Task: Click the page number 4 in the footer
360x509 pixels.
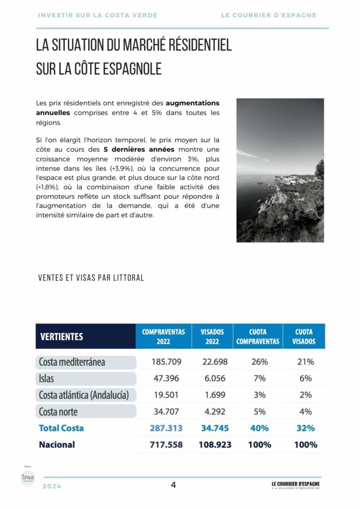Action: point(174,485)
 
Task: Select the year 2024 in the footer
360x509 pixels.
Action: point(52,486)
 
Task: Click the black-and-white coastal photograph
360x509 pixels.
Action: point(280,170)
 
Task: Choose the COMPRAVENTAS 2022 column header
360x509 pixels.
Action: point(163,337)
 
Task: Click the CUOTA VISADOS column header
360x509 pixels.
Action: point(304,337)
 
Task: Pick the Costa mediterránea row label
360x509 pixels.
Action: point(72,362)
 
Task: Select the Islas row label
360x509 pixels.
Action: point(46,379)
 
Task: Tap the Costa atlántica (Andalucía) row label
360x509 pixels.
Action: point(84,395)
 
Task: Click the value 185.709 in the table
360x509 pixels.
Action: point(166,362)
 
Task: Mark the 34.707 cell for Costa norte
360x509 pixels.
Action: point(166,412)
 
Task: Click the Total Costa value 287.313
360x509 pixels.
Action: point(166,428)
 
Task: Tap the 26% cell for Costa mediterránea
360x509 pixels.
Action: point(260,362)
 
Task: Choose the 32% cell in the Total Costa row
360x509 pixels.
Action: point(306,428)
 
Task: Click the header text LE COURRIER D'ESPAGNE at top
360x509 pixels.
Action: point(269,15)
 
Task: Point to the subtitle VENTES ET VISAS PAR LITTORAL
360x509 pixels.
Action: point(91,278)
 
